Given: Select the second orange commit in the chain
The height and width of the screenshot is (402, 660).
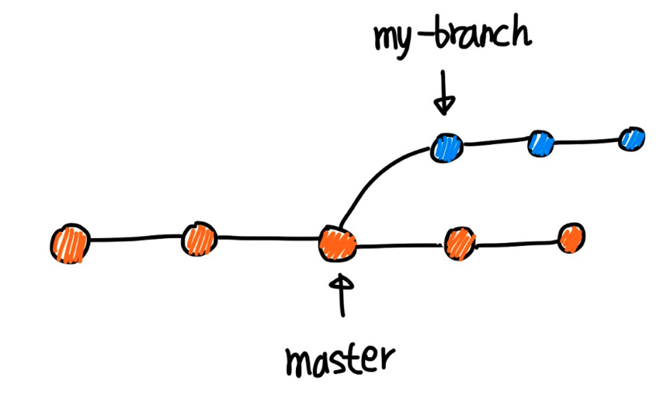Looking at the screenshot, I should (x=199, y=239).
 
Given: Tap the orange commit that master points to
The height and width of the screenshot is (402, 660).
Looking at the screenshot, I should (x=338, y=244).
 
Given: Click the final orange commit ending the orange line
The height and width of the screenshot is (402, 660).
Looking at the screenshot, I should (x=571, y=237).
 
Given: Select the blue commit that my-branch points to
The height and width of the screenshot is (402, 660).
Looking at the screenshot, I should (x=447, y=146).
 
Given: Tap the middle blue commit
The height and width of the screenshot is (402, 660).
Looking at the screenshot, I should (x=540, y=144).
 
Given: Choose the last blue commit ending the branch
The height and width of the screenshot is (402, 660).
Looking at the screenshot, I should (x=632, y=139).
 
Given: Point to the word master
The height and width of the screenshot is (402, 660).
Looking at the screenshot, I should (x=339, y=359).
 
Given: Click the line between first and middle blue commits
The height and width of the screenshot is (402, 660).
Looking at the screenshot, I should (x=494, y=144).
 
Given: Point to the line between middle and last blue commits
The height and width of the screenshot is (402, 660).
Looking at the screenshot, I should (x=586, y=142).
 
